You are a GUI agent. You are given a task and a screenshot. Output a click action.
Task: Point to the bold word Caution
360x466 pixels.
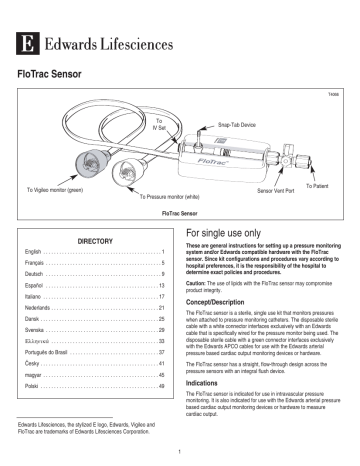(200, 281)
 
